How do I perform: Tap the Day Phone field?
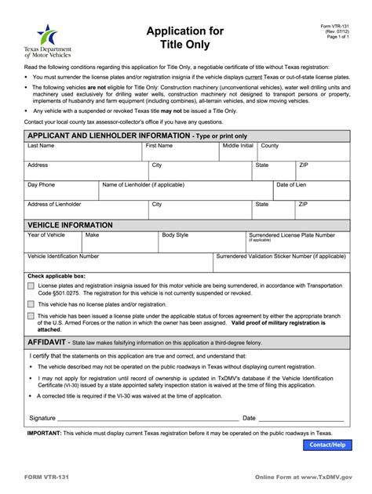pyautogui.click(x=60, y=192)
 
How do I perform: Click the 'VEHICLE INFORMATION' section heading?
pyautogui.click(x=71, y=225)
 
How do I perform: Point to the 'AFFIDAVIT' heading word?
pyautogui.click(x=48, y=343)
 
